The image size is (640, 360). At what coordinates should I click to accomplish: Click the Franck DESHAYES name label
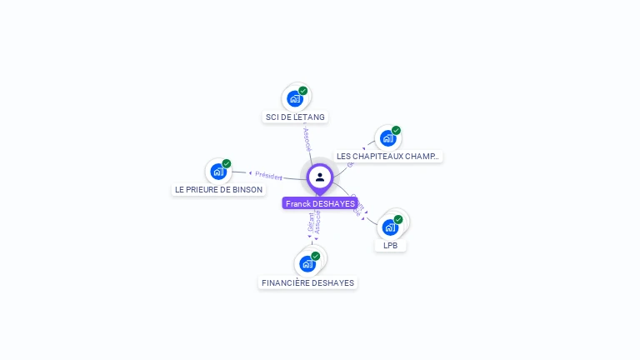(x=320, y=203)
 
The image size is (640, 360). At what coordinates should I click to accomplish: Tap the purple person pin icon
(x=320, y=177)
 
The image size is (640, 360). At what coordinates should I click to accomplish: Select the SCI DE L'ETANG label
(x=295, y=117)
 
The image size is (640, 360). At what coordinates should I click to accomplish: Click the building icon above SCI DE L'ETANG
(x=294, y=99)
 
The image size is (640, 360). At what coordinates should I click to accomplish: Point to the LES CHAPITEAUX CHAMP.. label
(x=387, y=156)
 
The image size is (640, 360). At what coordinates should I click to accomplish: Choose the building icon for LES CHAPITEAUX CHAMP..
(x=387, y=138)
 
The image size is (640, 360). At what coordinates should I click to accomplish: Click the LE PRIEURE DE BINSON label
(x=218, y=189)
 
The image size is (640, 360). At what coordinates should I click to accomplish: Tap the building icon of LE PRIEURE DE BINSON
(x=217, y=172)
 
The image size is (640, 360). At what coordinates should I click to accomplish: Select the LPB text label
(x=390, y=246)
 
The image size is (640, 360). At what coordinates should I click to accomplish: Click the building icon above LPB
(x=389, y=227)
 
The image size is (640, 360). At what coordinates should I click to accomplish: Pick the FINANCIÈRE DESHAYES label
(x=307, y=283)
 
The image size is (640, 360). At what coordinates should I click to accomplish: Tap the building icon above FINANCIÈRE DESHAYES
(x=307, y=264)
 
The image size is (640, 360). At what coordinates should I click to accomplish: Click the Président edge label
(x=268, y=176)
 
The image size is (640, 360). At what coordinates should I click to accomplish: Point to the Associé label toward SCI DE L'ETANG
(x=307, y=138)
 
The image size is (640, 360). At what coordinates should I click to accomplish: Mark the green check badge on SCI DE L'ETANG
(x=303, y=91)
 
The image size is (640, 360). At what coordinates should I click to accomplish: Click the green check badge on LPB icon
(x=398, y=219)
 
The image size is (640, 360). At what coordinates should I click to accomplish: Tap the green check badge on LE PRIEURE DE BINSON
(x=227, y=163)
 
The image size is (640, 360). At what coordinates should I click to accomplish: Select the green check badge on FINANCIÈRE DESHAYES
(x=316, y=256)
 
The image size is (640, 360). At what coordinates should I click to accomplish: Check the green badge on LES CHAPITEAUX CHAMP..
(x=397, y=130)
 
